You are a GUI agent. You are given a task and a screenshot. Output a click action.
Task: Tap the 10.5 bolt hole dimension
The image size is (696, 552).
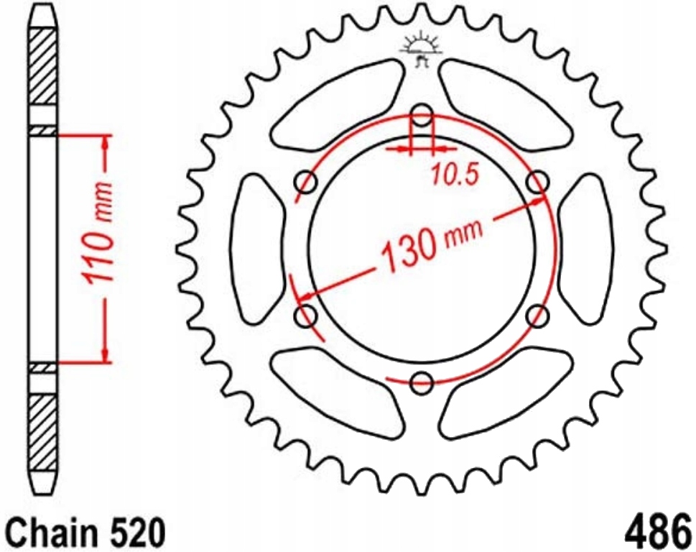455,175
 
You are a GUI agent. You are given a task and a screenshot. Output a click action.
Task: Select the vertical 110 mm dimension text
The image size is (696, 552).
97,233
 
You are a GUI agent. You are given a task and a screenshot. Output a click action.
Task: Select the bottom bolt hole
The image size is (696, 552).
422,382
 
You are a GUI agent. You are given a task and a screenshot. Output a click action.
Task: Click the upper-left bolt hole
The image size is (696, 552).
306,182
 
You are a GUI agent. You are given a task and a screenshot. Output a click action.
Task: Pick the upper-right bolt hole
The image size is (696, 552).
537,182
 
